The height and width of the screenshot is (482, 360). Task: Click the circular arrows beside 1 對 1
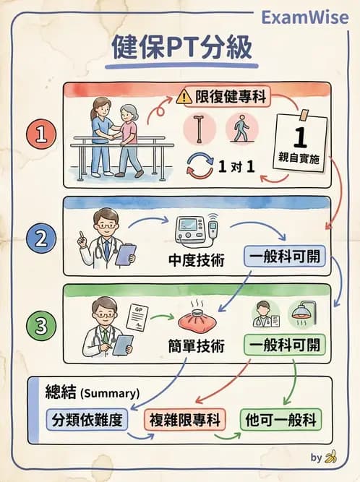200,167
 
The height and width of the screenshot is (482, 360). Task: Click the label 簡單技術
200,346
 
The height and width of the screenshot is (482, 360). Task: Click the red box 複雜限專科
184,420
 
